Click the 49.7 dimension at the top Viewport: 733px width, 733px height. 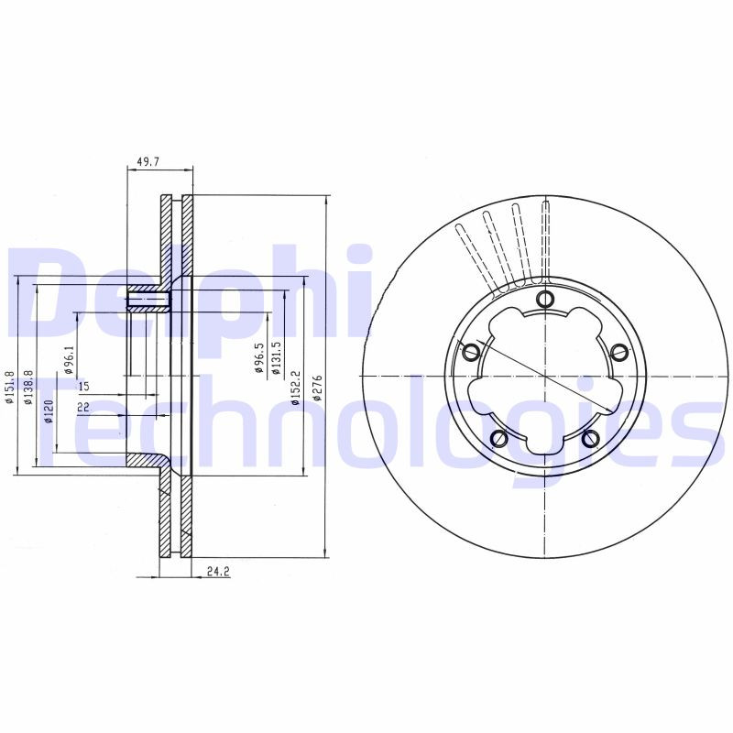(x=148, y=161)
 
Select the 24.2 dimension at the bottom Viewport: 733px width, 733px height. (x=217, y=571)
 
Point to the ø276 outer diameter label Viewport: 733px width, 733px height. (x=318, y=387)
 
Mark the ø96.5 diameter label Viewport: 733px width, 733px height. (x=258, y=358)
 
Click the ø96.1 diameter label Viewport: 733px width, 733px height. (x=68, y=361)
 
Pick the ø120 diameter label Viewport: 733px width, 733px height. (x=48, y=413)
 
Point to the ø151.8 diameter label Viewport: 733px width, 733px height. (x=9, y=388)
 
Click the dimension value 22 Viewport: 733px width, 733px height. (x=83, y=406)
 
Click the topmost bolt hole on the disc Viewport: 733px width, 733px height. (x=545, y=299)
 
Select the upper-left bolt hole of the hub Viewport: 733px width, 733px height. (x=473, y=351)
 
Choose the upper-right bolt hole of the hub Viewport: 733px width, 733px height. (x=618, y=351)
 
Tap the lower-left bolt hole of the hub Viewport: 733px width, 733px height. (x=500, y=438)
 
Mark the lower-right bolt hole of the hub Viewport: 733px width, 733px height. (x=591, y=438)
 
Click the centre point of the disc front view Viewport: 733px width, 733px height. (x=545, y=376)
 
